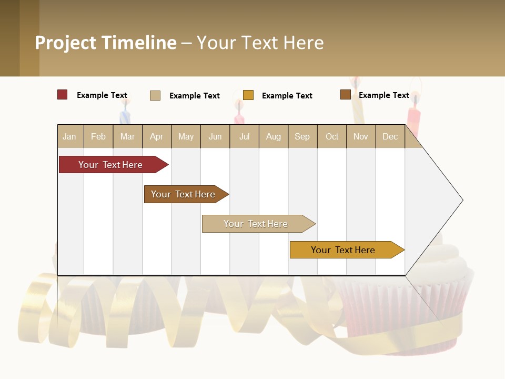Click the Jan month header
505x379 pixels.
tap(69, 136)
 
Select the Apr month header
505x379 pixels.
tap(156, 136)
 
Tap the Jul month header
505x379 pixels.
tap(244, 136)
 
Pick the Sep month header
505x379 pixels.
tap(302, 136)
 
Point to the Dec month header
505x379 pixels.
tap(390, 136)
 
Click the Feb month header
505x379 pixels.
tap(98, 136)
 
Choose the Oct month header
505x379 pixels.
tap(332, 136)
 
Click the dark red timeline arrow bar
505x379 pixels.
tap(110, 165)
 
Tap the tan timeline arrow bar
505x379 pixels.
tap(256, 224)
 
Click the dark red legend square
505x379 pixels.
tap(63, 95)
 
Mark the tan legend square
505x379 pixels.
tap(155, 95)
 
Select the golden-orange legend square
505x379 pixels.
tap(248, 95)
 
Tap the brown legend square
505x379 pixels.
tap(345, 95)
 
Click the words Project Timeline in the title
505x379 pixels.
tap(106, 43)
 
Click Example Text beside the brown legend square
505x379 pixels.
tap(383, 95)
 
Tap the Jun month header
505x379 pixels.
tap(215, 136)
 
